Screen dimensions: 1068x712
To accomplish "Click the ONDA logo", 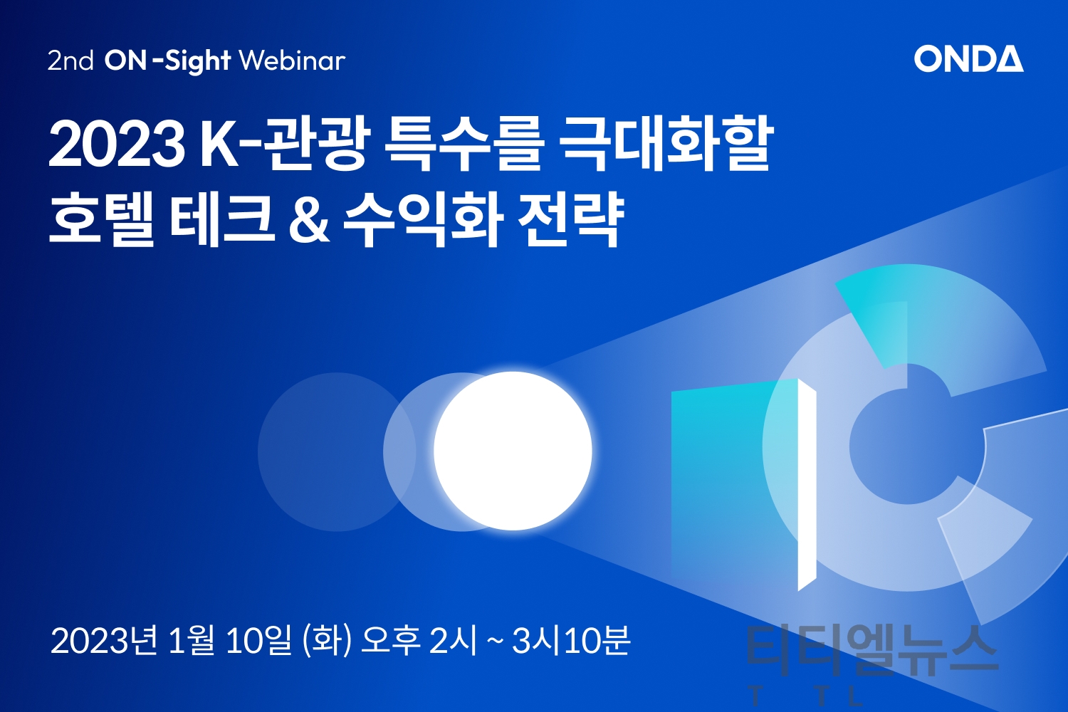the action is [x=968, y=58].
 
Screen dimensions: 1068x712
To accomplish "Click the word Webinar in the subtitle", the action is [x=292, y=61].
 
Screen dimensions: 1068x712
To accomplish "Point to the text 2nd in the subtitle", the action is [x=70, y=61].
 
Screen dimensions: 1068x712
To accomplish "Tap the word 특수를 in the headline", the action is [x=463, y=143].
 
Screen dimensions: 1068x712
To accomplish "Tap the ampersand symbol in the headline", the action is [x=309, y=220].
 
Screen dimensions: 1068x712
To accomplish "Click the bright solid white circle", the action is [x=513, y=451].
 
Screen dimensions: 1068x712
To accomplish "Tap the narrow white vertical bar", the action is [x=807, y=485].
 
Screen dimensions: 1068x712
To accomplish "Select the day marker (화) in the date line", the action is [x=327, y=641].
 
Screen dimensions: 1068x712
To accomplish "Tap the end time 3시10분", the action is [x=571, y=641].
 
